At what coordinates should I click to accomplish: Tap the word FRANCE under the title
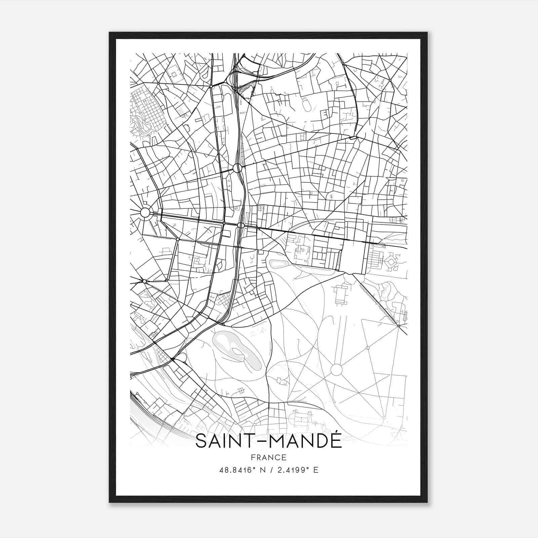pos(269,458)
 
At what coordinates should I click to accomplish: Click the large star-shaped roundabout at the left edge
pos(145,213)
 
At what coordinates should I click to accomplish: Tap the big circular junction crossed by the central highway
pos(237,168)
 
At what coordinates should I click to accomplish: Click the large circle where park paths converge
pos(336,370)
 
